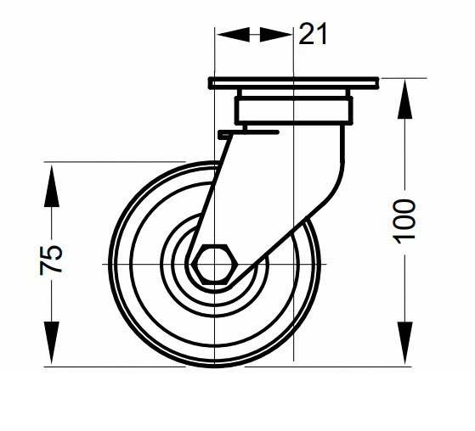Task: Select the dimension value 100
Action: [405, 221]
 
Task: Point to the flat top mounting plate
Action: [291, 84]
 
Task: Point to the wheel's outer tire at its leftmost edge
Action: [113, 265]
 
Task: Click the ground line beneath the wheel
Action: [255, 367]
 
